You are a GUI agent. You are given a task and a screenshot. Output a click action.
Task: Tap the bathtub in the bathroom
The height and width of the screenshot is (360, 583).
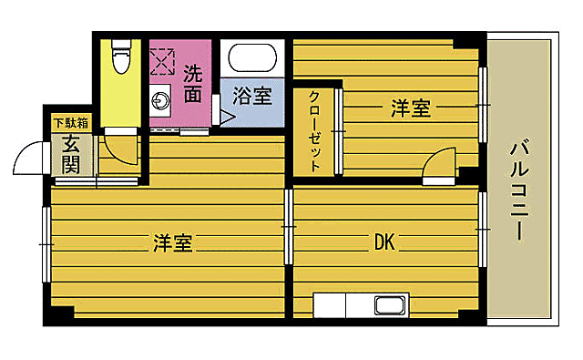coord(253,61)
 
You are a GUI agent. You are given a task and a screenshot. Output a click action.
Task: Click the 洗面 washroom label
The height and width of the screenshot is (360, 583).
coord(192,81)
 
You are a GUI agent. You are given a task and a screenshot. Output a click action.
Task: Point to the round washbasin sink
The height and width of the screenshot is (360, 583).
coord(162,100)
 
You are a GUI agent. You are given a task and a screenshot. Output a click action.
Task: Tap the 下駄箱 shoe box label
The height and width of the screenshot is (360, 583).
coord(69,122)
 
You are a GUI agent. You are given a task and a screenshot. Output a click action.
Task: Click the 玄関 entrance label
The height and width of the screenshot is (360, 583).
coord(70,154)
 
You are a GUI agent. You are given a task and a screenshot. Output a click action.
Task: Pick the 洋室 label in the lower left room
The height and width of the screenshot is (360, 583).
coord(172,243)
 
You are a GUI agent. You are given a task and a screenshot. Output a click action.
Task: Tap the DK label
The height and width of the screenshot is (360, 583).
coord(383,242)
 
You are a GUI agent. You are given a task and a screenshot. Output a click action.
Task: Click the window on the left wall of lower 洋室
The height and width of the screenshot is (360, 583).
coord(45,244)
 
